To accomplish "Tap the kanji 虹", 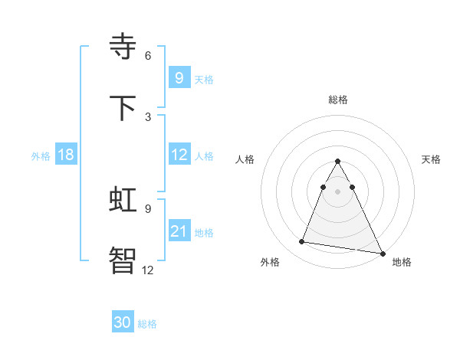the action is click(123, 200).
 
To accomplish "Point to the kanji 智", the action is click(123, 260).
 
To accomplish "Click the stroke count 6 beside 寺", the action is click(148, 55).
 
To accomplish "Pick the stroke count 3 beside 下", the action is click(148, 116).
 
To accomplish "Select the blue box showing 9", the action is click(179, 77).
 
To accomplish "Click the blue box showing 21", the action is click(179, 231).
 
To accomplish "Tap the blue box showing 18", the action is click(66, 155).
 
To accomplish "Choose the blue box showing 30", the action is click(123, 323).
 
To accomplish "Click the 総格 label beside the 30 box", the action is click(147, 324).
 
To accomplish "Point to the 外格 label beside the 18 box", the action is click(41, 155).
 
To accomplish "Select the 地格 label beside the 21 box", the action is click(204, 232).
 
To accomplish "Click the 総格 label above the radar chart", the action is click(338, 100).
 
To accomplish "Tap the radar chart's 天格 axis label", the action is click(432, 159).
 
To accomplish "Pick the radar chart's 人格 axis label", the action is click(245, 159).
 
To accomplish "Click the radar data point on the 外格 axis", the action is click(302, 242).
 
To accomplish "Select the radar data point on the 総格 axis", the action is click(338, 162).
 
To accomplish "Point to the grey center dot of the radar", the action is click(338, 191).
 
